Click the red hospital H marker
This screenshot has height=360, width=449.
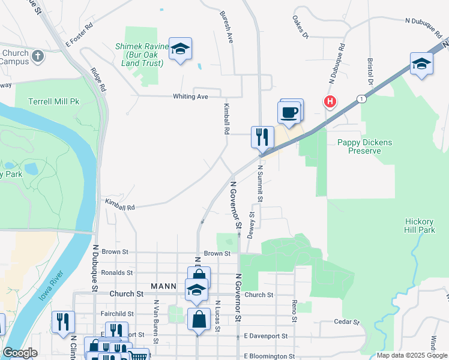pos(330,102)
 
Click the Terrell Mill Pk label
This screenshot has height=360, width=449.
pos(53,102)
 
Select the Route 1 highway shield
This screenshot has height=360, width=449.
pos(361,98)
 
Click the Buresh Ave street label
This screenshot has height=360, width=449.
pos(226,27)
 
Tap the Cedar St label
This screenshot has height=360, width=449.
pos(348,321)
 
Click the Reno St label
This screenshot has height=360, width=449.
pos(295,310)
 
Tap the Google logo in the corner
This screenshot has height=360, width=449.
pos(20,353)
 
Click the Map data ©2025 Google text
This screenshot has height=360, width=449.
pos(411,355)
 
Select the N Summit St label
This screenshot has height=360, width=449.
pos(261,183)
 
